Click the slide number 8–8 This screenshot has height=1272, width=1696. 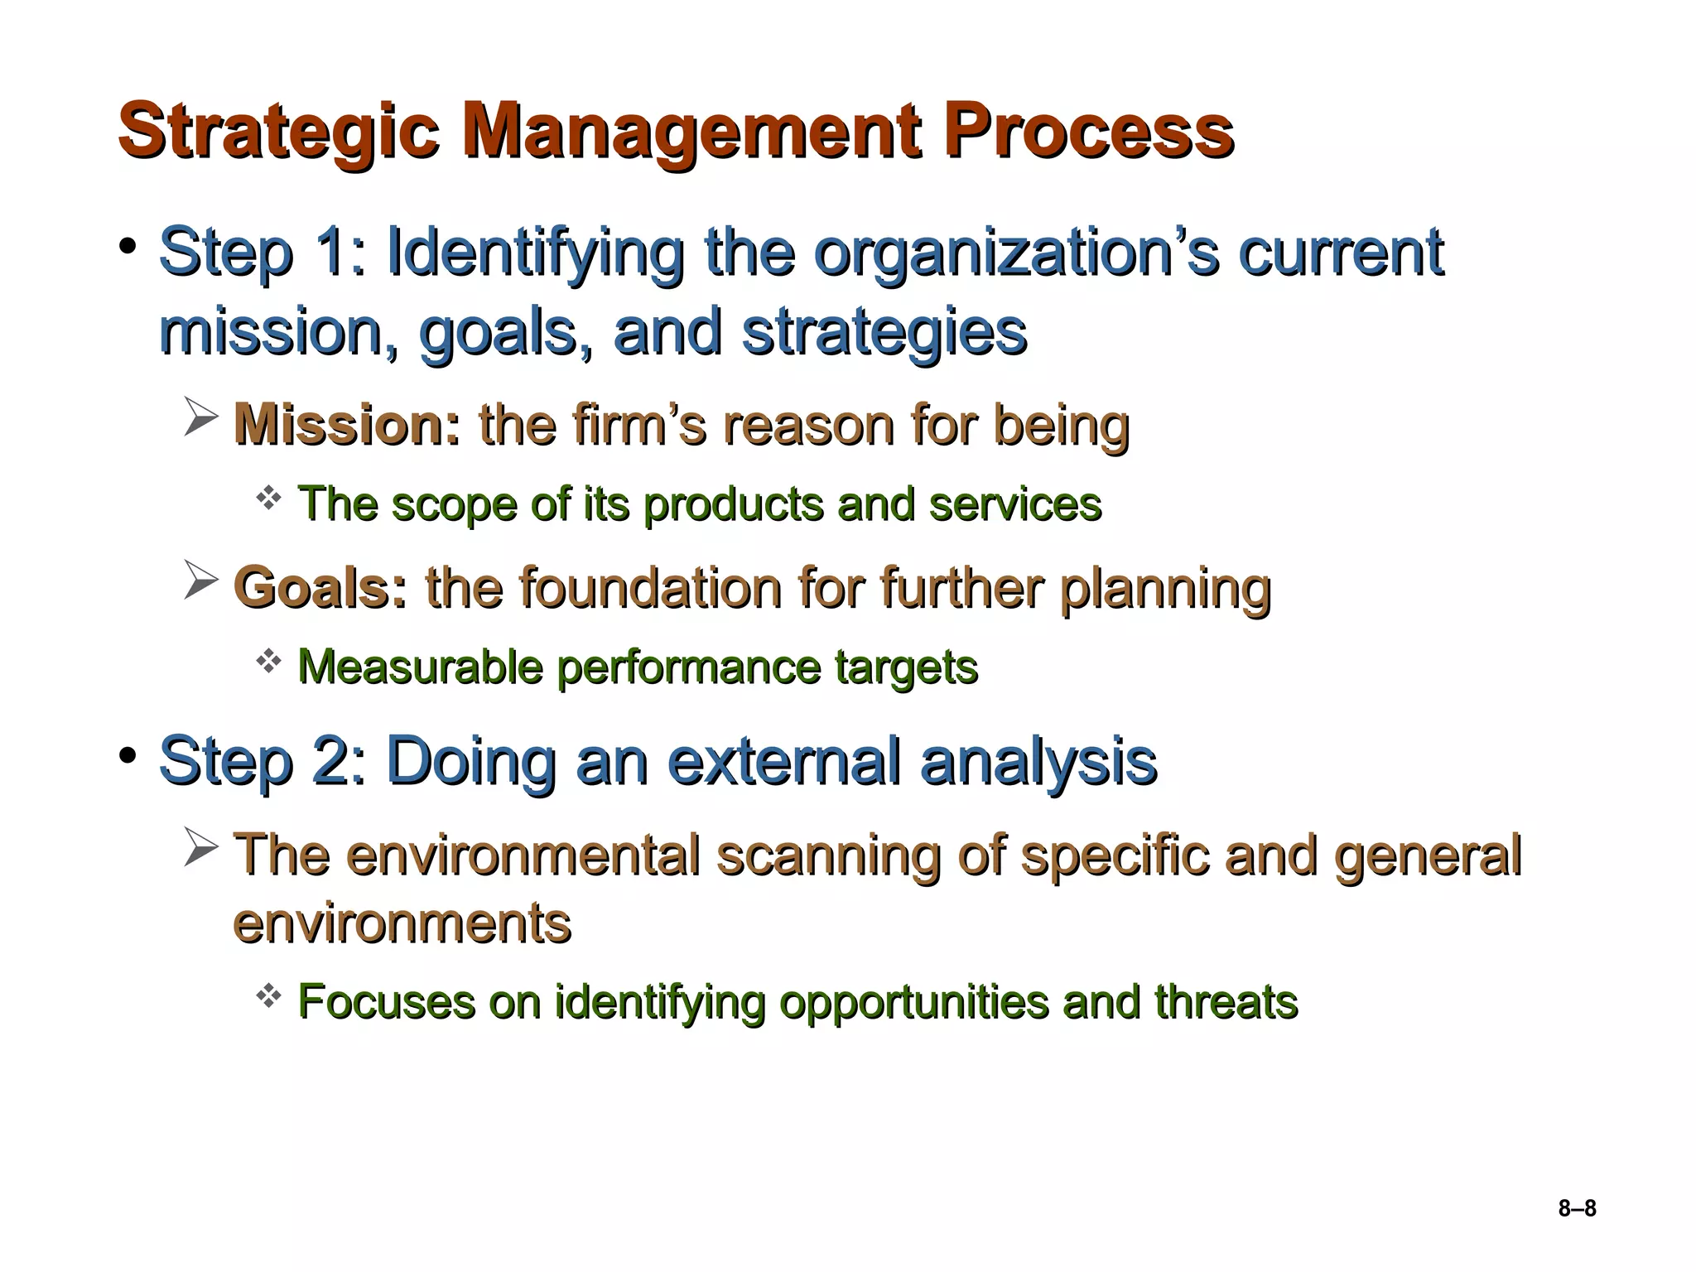click(1577, 1208)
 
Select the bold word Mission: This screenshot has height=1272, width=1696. click(347, 425)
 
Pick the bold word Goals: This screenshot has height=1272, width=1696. click(320, 588)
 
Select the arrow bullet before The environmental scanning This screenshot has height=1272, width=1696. click(200, 847)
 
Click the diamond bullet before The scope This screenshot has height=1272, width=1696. click(268, 498)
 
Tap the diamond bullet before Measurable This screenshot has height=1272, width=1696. click(268, 660)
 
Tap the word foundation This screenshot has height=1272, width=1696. click(650, 588)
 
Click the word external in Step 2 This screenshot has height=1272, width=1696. click(783, 761)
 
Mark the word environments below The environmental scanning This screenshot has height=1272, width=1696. click(402, 923)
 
